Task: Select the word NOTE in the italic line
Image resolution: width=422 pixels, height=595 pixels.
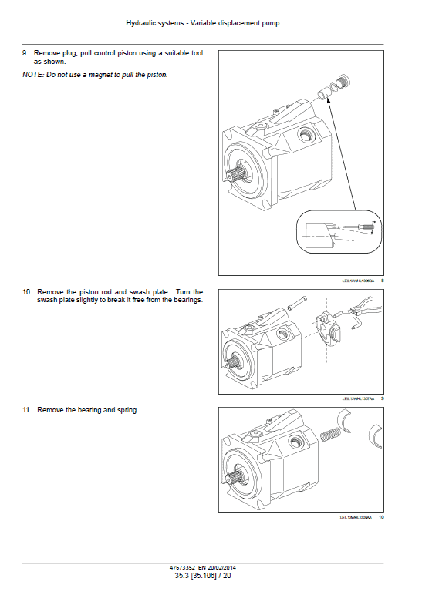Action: tap(32, 75)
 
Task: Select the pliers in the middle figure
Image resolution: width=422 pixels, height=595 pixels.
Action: tap(360, 315)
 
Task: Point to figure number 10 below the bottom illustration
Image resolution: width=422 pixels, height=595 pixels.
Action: tap(380, 517)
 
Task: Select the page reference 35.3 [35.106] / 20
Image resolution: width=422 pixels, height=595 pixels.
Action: tap(211, 575)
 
